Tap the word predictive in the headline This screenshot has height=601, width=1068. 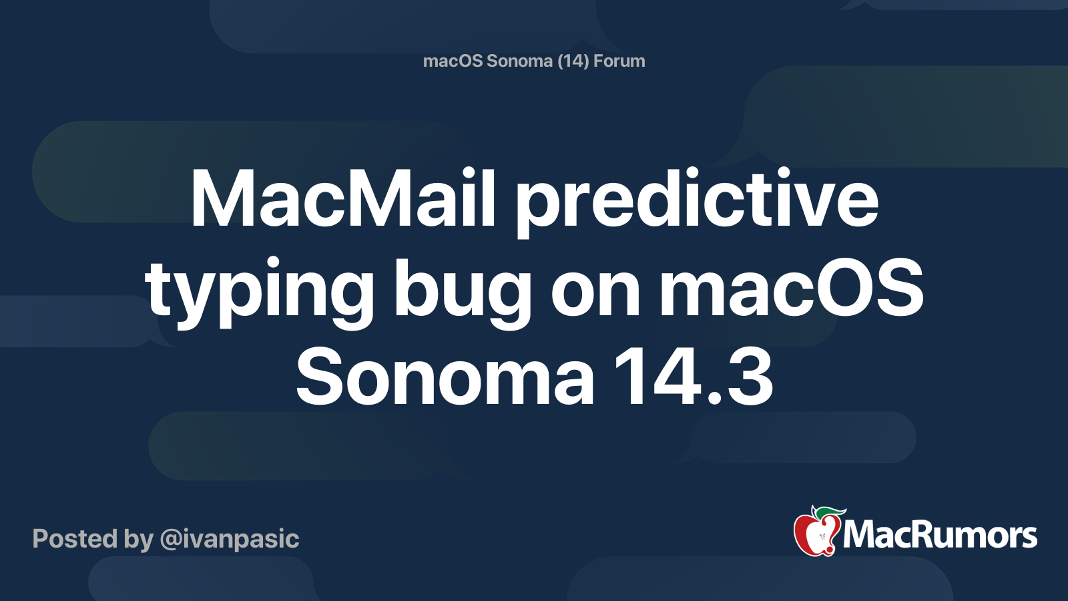[x=697, y=204]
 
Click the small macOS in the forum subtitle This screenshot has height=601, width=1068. [x=453, y=61]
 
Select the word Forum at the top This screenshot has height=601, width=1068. [x=619, y=61]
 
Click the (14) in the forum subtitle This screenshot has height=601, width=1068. [x=573, y=61]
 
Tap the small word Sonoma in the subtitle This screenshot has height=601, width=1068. [x=519, y=61]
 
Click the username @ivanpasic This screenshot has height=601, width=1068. [x=229, y=539]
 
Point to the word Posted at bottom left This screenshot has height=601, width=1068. [x=75, y=539]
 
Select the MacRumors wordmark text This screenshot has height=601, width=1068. [x=940, y=536]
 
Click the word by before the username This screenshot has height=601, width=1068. [x=138, y=539]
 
